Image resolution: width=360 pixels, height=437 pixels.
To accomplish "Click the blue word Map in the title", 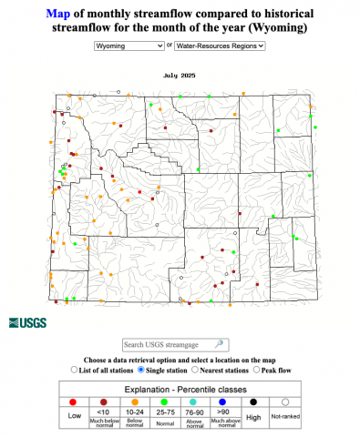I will point(57,14).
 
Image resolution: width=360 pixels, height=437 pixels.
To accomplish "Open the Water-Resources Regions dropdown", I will point(220,44).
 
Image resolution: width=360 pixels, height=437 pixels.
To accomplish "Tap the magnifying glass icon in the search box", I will point(219,344).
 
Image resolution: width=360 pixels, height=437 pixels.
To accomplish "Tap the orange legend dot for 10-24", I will point(136,401).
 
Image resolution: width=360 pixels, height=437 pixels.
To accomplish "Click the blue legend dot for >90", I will point(223,401).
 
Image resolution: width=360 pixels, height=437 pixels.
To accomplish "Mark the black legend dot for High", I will point(256,401).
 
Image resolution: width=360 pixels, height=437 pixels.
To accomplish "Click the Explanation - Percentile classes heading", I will point(180,386).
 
